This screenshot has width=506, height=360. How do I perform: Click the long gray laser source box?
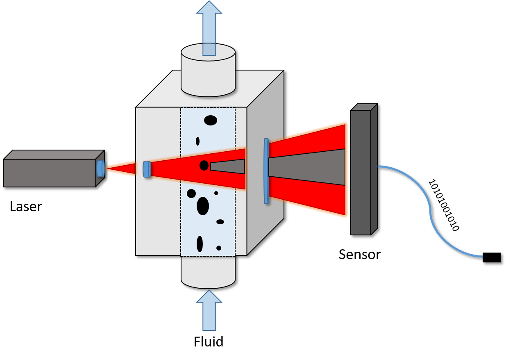[x=49, y=173]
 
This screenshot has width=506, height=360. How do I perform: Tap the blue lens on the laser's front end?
[x=100, y=169]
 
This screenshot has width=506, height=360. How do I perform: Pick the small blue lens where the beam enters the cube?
[x=147, y=169]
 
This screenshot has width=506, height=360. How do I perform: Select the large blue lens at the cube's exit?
[x=266, y=171]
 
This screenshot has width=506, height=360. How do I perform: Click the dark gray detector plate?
[x=361, y=172]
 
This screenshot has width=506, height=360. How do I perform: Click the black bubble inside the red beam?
[x=204, y=165]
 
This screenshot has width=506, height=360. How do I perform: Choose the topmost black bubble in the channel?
[x=211, y=120]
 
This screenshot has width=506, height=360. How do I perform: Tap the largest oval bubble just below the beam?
[x=203, y=206]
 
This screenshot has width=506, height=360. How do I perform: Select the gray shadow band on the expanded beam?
[x=307, y=167]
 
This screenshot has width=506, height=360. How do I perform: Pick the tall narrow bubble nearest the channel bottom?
[x=200, y=244]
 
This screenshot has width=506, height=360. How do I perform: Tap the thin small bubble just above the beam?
[x=197, y=141]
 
